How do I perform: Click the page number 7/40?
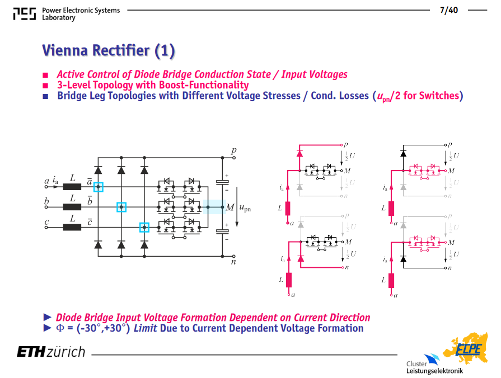[449, 10]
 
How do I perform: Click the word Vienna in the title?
[64, 50]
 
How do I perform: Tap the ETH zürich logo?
[51, 352]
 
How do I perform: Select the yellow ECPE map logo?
[466, 348]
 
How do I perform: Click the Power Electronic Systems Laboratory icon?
[25, 14]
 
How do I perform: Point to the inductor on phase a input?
[72, 187]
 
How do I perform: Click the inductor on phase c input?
[72, 228]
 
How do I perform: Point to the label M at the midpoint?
[230, 207]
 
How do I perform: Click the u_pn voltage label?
[245, 208]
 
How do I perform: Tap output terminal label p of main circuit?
[234, 150]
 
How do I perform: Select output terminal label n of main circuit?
[233, 262]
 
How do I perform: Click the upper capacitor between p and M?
[222, 182]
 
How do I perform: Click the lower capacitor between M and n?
[222, 231]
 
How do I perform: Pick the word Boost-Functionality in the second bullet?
[204, 85]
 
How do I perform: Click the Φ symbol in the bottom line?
[60, 328]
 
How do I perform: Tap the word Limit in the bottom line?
[145, 328]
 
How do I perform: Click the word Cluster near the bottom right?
[416, 363]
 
